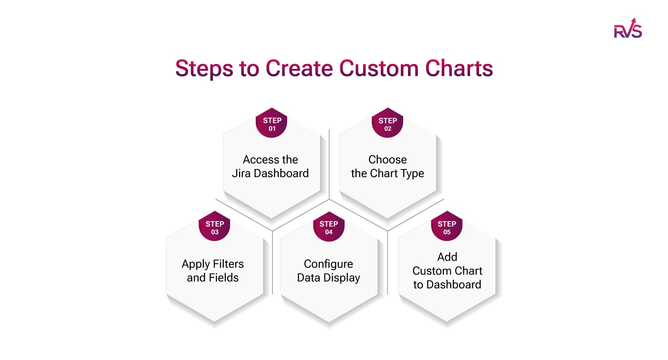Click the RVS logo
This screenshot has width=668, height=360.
point(627,29)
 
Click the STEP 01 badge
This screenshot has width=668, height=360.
point(272,124)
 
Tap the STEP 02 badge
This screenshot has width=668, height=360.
point(387,124)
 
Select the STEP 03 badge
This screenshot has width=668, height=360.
point(215,227)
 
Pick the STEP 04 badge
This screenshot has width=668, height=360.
point(329,227)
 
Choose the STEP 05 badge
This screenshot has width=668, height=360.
point(447,227)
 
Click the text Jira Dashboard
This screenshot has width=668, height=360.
point(271,173)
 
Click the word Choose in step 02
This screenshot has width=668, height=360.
point(387,159)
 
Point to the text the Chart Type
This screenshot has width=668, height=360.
point(387,173)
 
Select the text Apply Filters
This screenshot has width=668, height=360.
point(213,264)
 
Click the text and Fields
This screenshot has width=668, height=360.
point(213,278)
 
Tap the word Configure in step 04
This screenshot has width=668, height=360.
point(329,264)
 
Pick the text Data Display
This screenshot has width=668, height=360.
point(329,278)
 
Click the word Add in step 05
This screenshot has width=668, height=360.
point(447,257)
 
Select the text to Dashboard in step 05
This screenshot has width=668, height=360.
point(447,285)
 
